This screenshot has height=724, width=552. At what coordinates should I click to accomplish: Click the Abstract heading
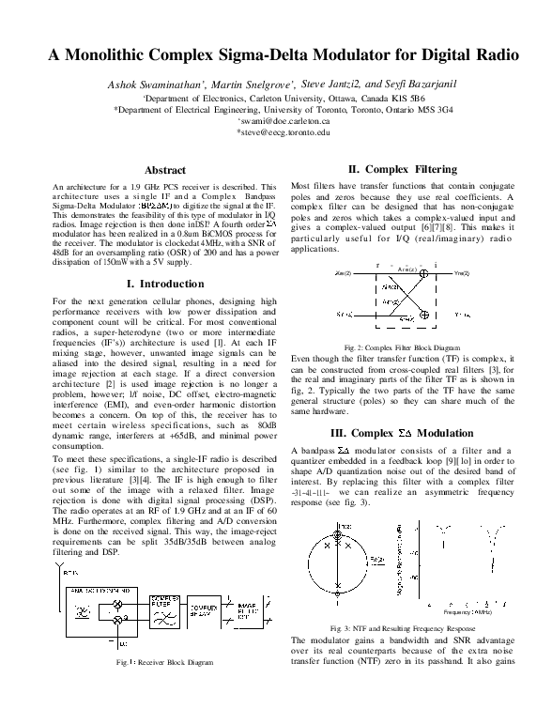pos(163,170)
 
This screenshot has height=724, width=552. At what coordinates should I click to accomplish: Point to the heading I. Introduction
pos(164,284)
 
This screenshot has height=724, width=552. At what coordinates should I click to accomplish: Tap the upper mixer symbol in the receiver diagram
pos(117,601)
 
